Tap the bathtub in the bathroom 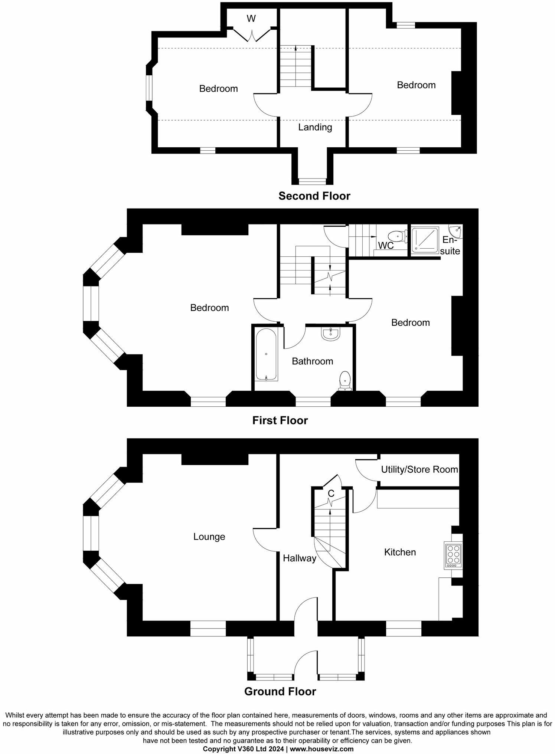point(266,354)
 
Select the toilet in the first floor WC point(396,236)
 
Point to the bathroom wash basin point(330,334)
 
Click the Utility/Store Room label point(419,470)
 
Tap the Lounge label point(209,537)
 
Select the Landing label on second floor point(315,128)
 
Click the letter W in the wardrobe point(251,19)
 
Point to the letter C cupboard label point(331,494)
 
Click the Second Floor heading point(314,196)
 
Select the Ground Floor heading point(280,692)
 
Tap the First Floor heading point(280,420)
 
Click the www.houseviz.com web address point(321,749)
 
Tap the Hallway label point(299,558)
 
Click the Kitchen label point(400,552)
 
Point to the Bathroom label point(312,361)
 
